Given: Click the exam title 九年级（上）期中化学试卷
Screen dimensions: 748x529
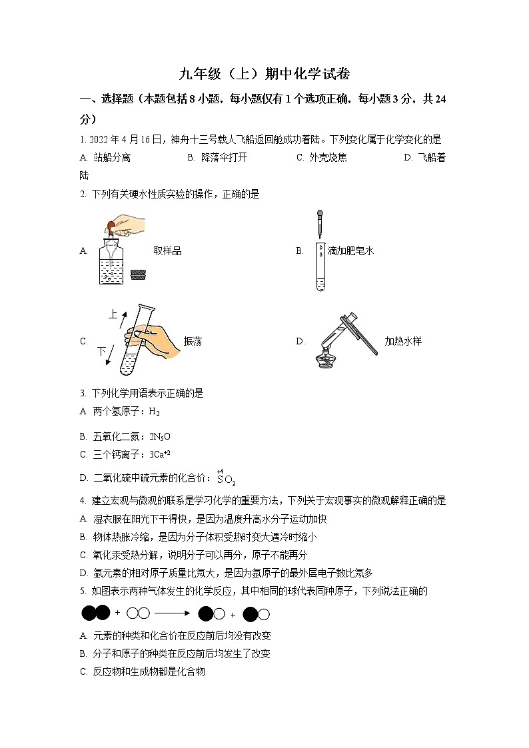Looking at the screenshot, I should click(265, 73).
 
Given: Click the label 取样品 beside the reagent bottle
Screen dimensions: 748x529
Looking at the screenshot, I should click(168, 251).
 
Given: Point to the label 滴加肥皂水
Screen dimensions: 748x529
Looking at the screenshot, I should click(350, 251).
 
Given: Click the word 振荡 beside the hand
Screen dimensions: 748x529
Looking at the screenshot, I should click(193, 341).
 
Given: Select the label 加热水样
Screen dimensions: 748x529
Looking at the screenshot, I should click(403, 341).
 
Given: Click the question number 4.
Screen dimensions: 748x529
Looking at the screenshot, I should click(82, 501).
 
